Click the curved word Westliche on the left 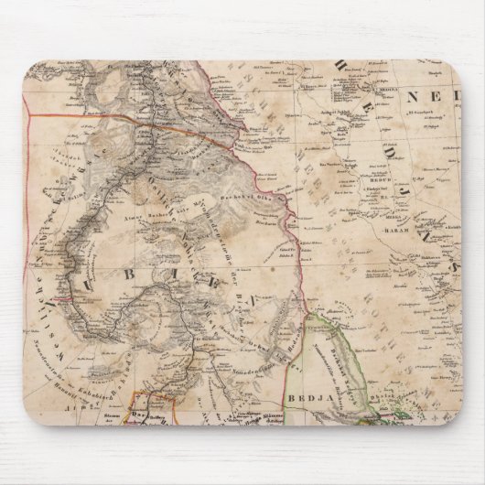click(40, 275)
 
